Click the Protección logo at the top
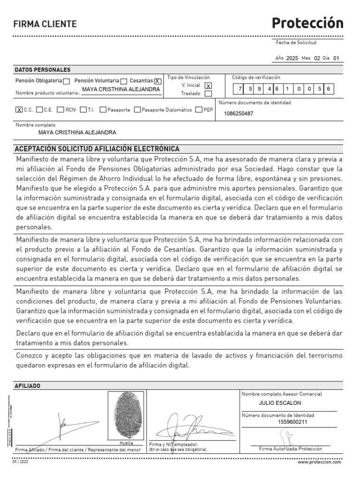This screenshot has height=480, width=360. coord(307,23)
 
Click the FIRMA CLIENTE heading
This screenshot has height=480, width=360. coord(45,24)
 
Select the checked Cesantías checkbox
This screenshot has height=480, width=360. coord(157,81)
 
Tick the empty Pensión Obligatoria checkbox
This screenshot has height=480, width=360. coord(67,81)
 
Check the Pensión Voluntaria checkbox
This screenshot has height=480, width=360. coord(124,81)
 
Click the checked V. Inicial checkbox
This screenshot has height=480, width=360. coord(208,85)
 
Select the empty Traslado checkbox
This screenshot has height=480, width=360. coord(208,94)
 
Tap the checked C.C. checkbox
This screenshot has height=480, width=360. coord(19,110)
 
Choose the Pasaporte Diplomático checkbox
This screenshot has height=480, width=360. coord(137,110)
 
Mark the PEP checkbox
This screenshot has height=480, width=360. coord(199,110)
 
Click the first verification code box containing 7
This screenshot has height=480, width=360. coord(240,88)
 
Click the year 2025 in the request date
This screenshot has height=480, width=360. coord(292,59)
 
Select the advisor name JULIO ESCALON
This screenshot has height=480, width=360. coord(280,403)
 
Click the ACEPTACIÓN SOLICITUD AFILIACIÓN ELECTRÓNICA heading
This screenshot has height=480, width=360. coord(97,149)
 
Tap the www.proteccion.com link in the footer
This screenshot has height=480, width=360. coord(320,462)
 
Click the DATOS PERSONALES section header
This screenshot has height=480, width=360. coord(43,69)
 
